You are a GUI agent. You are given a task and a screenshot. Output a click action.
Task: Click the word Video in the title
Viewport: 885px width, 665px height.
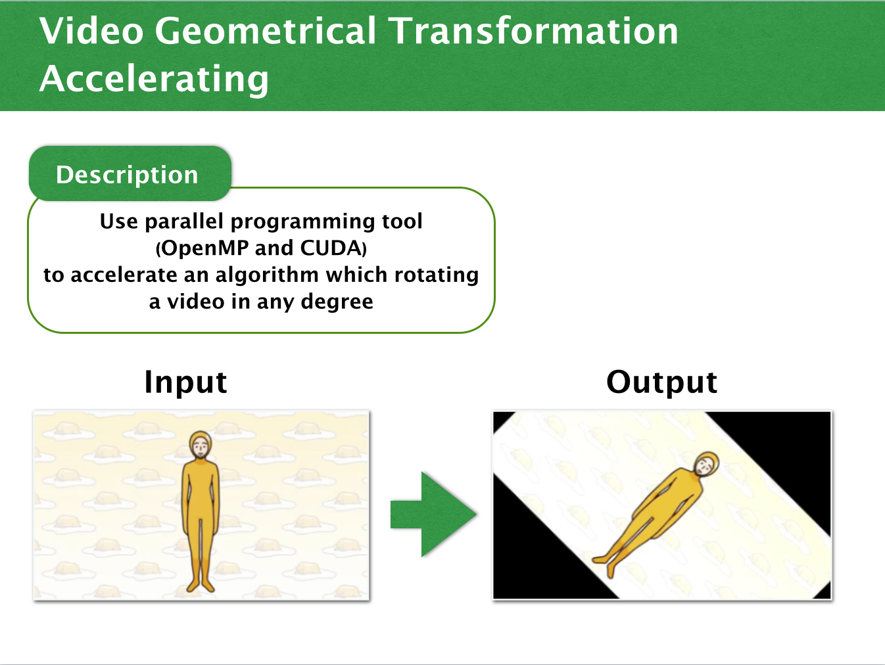pyautogui.click(x=91, y=31)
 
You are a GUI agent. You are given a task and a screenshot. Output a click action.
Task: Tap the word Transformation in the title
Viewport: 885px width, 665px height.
pyautogui.click(x=535, y=31)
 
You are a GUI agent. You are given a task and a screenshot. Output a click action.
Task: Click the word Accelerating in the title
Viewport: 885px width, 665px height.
pyautogui.click(x=154, y=79)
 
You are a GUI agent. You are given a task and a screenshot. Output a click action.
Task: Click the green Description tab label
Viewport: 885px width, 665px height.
pyautogui.click(x=127, y=175)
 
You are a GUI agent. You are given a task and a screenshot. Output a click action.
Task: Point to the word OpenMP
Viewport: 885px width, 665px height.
pyautogui.click(x=205, y=248)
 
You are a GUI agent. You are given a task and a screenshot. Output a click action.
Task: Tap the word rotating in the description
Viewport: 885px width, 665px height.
pyautogui.click(x=437, y=275)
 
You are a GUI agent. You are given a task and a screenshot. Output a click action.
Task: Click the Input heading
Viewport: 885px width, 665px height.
pyautogui.click(x=185, y=382)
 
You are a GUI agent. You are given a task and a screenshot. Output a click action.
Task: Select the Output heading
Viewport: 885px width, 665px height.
pyautogui.click(x=661, y=382)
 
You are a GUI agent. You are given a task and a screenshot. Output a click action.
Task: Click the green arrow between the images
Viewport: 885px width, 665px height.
pyautogui.click(x=433, y=515)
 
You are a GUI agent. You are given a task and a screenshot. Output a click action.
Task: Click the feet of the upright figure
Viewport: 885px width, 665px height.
pyautogui.click(x=201, y=585)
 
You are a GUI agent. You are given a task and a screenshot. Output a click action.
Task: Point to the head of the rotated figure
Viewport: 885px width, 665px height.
pyautogui.click(x=706, y=464)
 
